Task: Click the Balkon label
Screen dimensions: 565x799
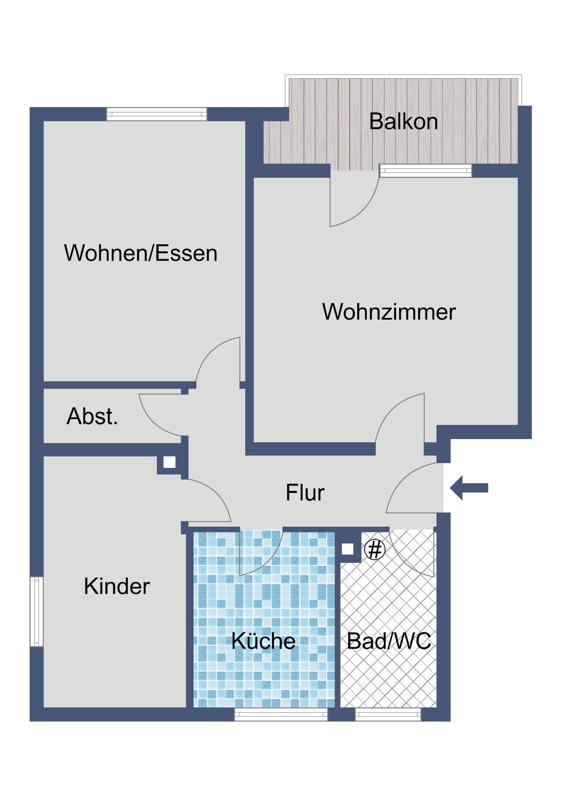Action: (x=403, y=122)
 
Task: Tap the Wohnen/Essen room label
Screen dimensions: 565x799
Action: (x=140, y=253)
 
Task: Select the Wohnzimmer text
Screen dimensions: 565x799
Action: (x=389, y=312)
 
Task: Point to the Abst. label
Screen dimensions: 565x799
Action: (x=92, y=416)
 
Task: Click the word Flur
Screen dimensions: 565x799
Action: (x=305, y=492)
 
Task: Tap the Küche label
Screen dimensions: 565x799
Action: (x=263, y=641)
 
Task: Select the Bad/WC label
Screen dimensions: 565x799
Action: (x=389, y=641)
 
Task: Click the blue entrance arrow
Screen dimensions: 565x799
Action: (x=469, y=488)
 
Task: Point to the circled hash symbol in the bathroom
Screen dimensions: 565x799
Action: (x=375, y=550)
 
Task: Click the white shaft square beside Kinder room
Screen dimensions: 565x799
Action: (x=169, y=462)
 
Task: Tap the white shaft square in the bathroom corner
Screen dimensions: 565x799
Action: (x=347, y=549)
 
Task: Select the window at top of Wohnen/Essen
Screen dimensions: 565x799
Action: (x=157, y=114)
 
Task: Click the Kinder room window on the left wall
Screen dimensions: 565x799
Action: (x=36, y=612)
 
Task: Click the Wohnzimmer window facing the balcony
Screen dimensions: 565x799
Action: (x=426, y=170)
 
